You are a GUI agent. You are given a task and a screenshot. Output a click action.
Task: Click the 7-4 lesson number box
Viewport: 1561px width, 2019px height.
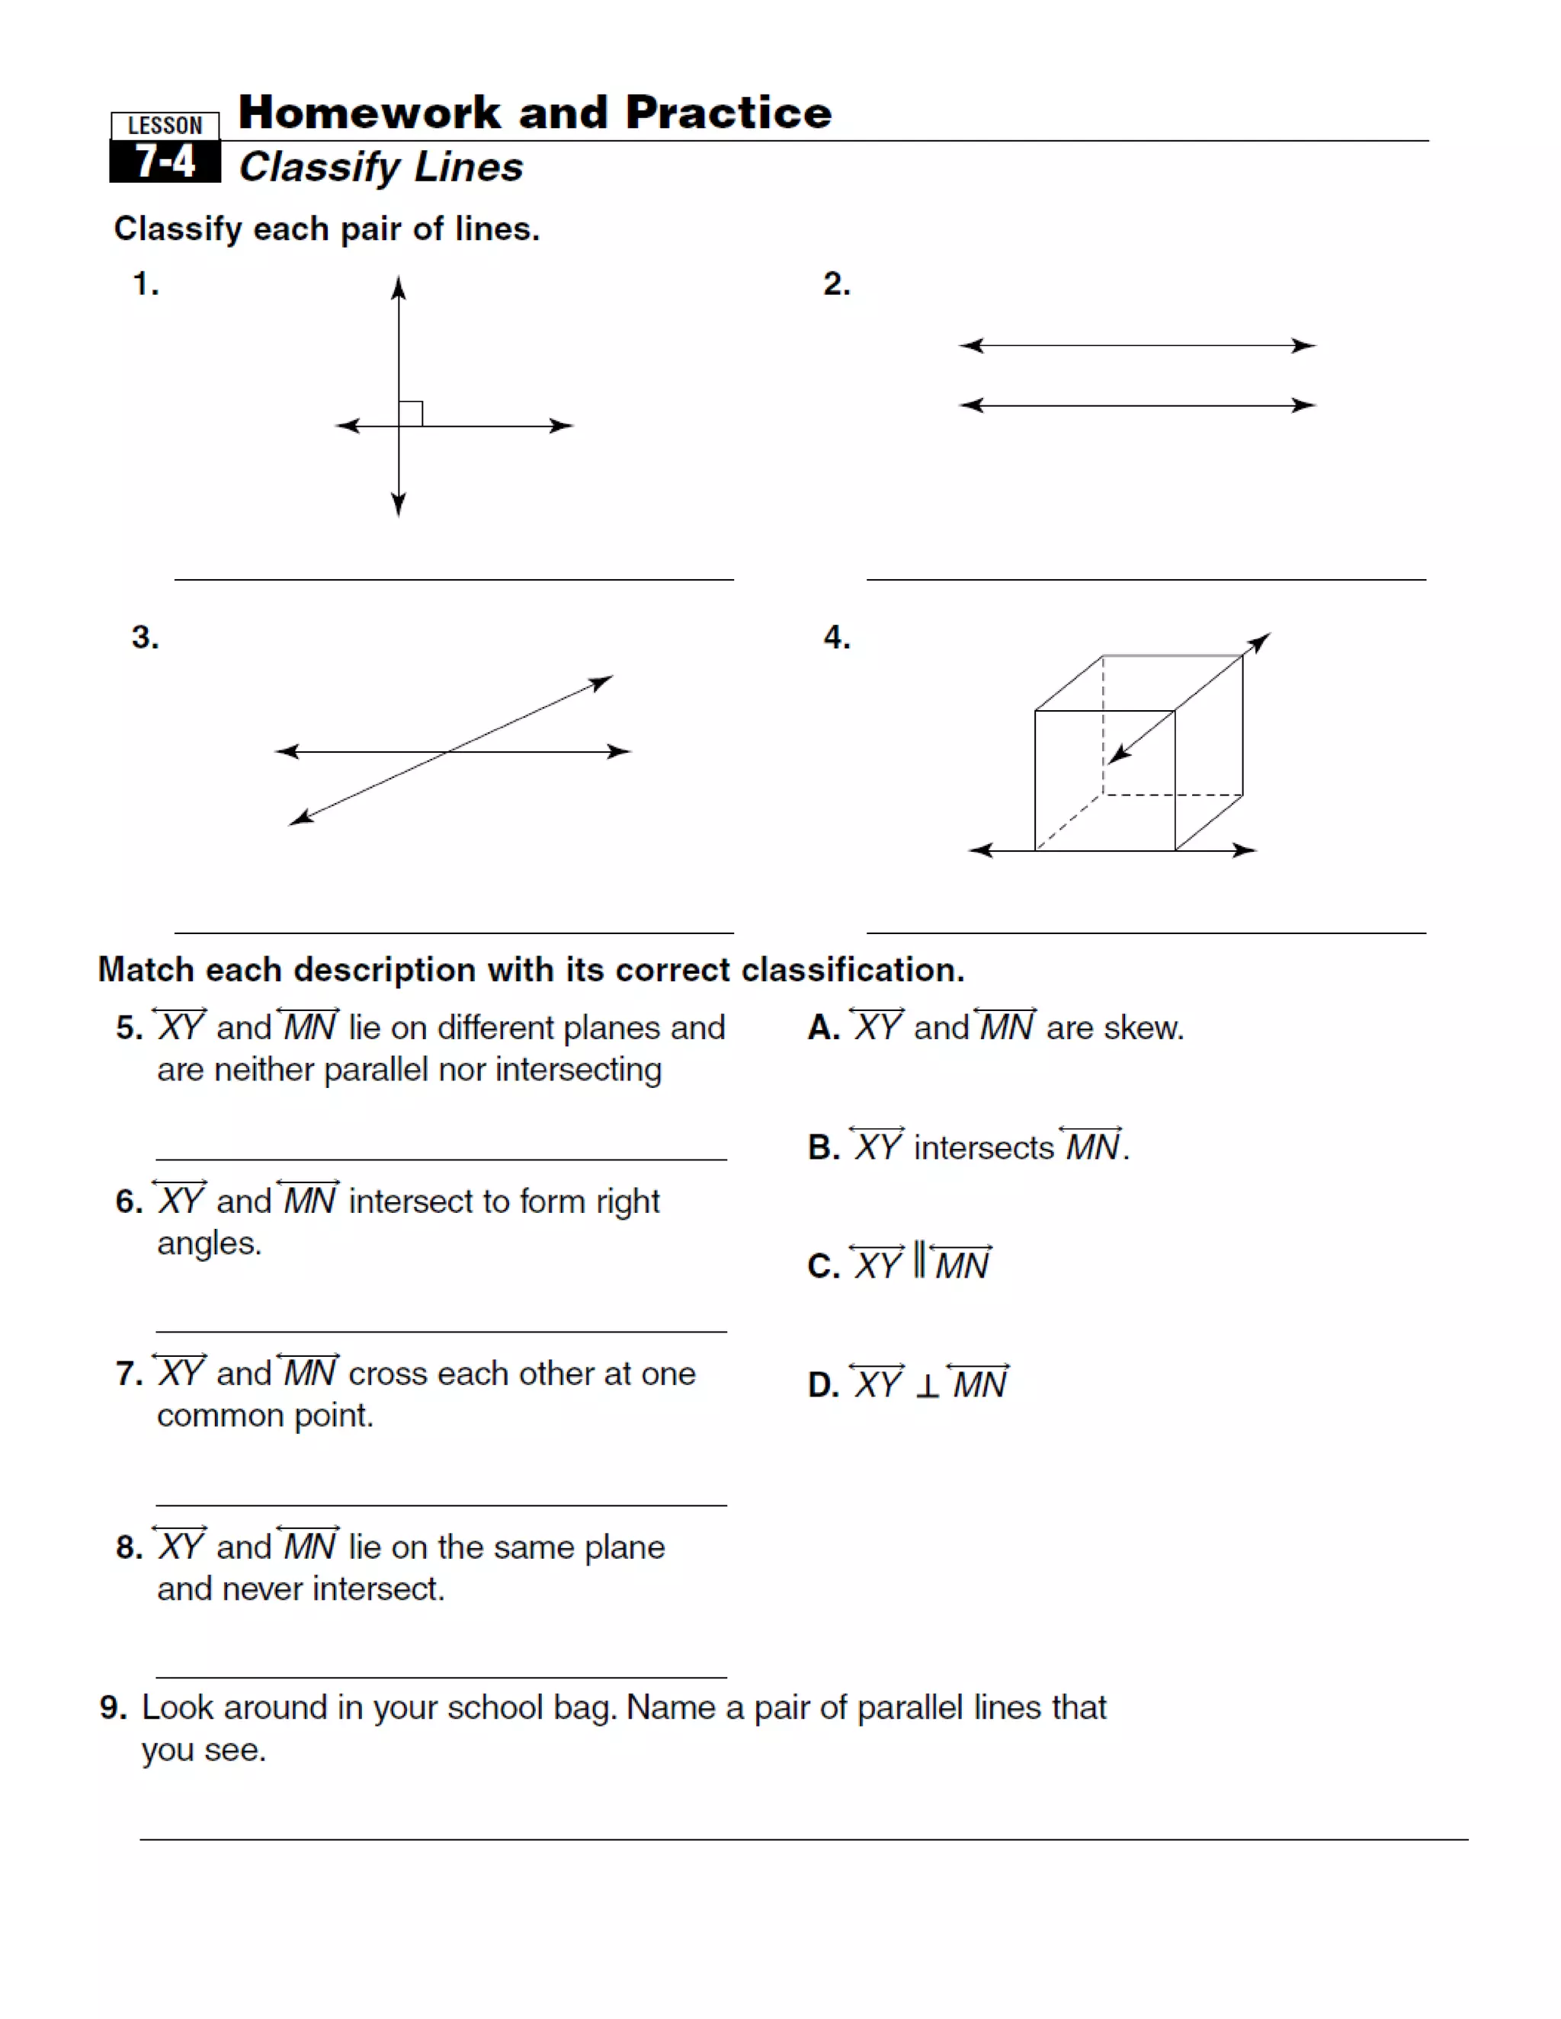[x=165, y=162]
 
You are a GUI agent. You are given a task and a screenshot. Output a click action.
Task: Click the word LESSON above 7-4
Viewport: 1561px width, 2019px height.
[x=165, y=126]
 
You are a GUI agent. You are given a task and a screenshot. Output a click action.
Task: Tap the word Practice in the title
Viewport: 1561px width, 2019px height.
[x=728, y=113]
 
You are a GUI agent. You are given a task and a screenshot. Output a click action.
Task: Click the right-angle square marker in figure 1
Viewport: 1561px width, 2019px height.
[x=411, y=413]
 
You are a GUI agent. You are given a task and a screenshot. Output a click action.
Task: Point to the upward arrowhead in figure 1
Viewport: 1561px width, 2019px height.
[x=399, y=287]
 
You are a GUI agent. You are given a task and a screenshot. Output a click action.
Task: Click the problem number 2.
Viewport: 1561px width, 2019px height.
[x=836, y=284]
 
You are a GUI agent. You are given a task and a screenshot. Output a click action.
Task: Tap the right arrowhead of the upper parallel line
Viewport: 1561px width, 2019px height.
[x=1304, y=345]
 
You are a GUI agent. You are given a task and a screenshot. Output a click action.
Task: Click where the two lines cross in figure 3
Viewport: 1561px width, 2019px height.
[x=447, y=751]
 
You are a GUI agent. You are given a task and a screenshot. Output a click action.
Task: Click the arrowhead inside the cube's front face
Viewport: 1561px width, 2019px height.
[x=1119, y=754]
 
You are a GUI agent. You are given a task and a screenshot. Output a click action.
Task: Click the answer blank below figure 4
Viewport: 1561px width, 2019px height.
[x=1145, y=932]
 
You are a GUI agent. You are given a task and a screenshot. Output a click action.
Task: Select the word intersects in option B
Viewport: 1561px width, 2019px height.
[x=983, y=1148]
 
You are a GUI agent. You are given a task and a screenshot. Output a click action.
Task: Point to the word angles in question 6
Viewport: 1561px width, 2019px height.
[x=208, y=1244]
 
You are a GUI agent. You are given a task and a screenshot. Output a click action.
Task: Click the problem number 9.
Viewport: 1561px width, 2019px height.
[x=113, y=1707]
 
